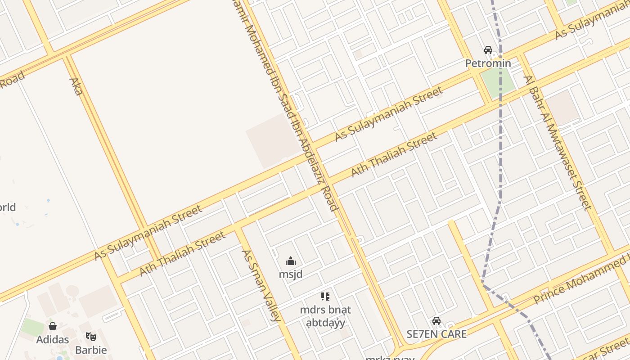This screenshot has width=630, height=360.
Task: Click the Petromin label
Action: click(488, 63)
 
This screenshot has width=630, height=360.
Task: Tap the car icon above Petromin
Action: click(488, 50)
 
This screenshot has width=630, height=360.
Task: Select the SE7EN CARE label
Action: click(436, 334)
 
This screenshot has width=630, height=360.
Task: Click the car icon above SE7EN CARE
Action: click(436, 321)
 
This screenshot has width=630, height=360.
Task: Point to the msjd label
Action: click(291, 274)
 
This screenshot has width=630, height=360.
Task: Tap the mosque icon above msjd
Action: click(291, 261)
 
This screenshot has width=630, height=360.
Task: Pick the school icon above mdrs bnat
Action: click(325, 297)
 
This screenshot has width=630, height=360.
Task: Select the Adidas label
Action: click(53, 339)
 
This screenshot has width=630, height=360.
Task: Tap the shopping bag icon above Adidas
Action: click(53, 326)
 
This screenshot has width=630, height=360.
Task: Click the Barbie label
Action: click(91, 350)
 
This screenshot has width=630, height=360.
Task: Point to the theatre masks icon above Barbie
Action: click(91, 336)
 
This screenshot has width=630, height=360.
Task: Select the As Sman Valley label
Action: click(261, 285)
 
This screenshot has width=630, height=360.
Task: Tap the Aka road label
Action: click(76, 86)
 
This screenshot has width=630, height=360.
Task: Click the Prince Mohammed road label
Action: click(580, 278)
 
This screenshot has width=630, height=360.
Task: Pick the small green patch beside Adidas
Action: click(33, 327)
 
